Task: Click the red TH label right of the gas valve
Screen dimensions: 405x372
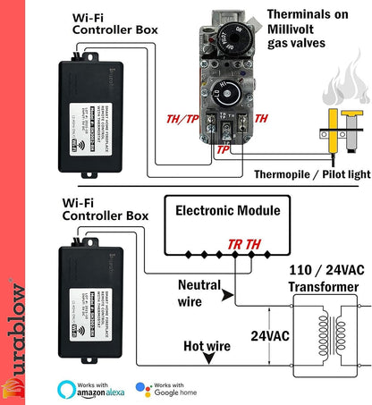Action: pos(261,118)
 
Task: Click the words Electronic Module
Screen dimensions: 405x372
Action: pos(227,211)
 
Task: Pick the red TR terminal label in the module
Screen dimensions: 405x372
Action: pos(234,242)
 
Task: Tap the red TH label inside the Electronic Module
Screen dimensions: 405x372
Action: pos(254,242)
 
